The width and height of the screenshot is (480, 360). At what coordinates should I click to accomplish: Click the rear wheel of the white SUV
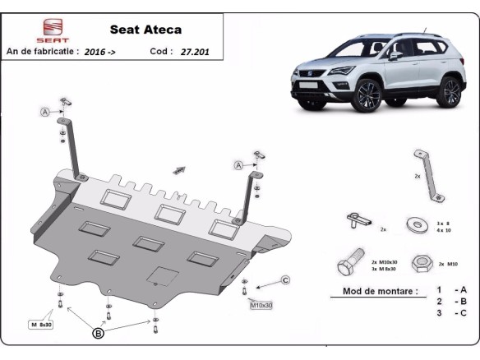tap(450, 91)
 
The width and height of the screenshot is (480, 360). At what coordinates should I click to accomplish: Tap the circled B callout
tap(99, 333)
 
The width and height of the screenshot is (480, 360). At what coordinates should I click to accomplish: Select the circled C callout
tap(285, 280)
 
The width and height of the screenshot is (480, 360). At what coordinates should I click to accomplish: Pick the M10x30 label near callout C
tap(262, 306)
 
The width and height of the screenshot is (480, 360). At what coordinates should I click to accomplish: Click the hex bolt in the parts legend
tap(348, 264)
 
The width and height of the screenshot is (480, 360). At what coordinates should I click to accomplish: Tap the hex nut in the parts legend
tap(422, 263)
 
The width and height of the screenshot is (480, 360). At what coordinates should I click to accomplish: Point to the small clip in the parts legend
tap(357, 220)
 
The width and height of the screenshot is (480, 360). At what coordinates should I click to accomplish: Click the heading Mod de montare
tap(373, 291)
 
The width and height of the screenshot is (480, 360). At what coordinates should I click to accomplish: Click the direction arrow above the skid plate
tap(178, 170)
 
